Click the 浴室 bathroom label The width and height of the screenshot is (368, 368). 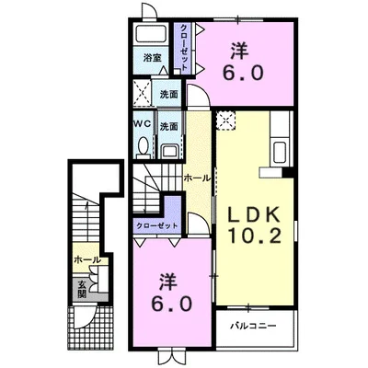[153, 58]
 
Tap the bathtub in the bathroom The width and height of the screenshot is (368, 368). [151, 33]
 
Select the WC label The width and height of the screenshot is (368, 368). [143, 123]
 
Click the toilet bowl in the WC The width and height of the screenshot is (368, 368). [144, 146]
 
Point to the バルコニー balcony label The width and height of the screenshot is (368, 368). [254, 326]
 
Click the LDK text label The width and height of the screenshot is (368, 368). [253, 214]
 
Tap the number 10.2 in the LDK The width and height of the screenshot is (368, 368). [254, 236]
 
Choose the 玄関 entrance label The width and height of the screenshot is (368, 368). [82, 290]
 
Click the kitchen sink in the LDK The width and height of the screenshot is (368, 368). [280, 153]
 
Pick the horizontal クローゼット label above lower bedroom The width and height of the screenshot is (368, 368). [157, 226]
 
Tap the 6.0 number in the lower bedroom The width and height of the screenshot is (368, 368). [171, 304]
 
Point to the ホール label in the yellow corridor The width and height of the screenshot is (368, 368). [197, 178]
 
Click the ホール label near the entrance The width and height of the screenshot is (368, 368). [87, 260]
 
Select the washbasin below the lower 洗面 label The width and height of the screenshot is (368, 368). [169, 151]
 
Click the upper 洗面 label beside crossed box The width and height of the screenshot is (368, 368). [169, 95]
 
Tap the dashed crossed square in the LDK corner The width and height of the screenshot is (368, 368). [225, 121]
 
